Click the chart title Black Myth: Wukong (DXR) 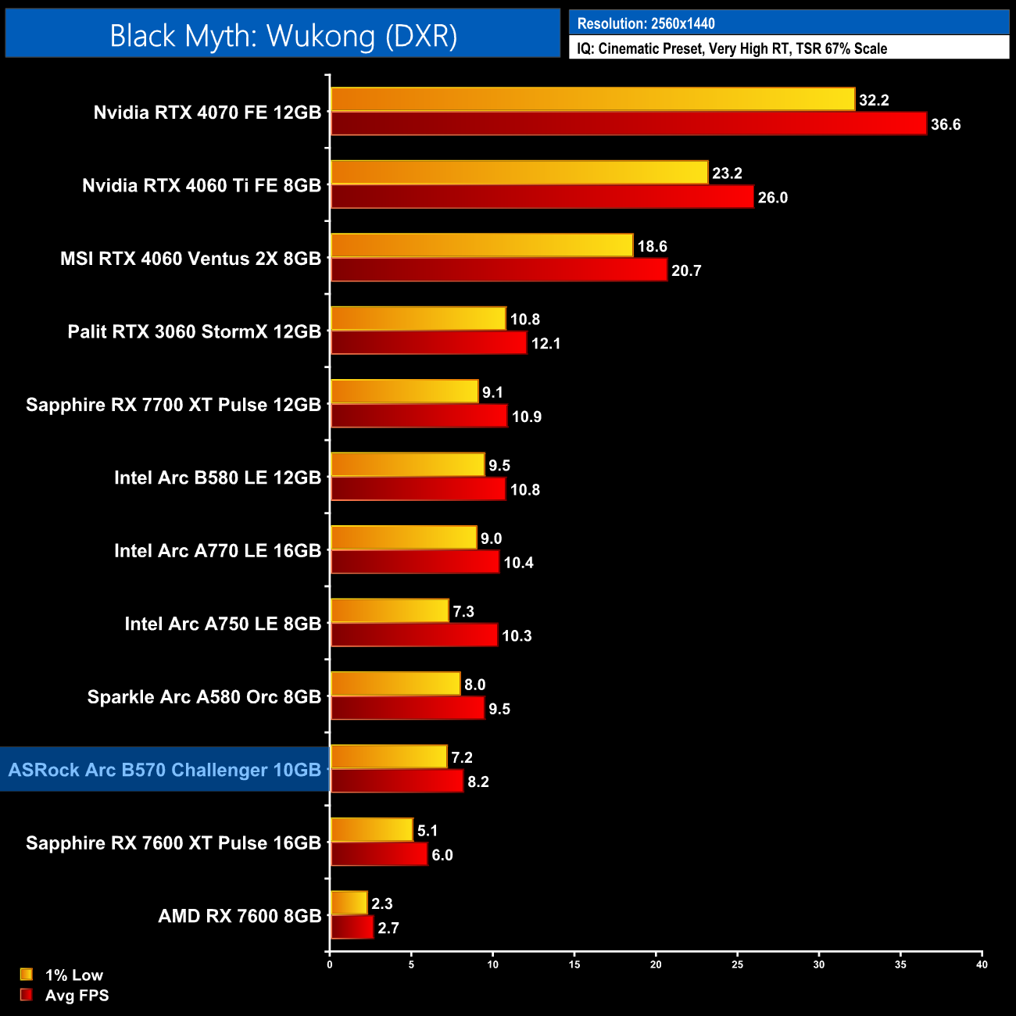[x=283, y=36]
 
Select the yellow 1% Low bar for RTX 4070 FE [x=592, y=99]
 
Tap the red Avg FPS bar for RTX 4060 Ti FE [x=542, y=197]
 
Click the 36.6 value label [x=945, y=125]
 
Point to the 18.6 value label [x=652, y=247]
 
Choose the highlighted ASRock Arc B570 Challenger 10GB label [x=165, y=770]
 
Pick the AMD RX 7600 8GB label [x=240, y=916]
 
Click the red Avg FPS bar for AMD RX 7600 [x=352, y=928]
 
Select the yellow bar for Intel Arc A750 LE [x=389, y=611]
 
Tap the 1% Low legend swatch [x=27, y=975]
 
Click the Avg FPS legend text [x=77, y=996]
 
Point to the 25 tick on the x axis [x=737, y=964]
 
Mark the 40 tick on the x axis [x=982, y=964]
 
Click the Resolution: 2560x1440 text [x=646, y=23]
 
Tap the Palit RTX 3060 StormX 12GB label [x=195, y=331]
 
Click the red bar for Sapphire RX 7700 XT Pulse [x=419, y=416]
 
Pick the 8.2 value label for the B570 [x=478, y=782]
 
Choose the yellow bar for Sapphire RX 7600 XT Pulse [x=371, y=830]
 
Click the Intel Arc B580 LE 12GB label [x=217, y=478]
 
